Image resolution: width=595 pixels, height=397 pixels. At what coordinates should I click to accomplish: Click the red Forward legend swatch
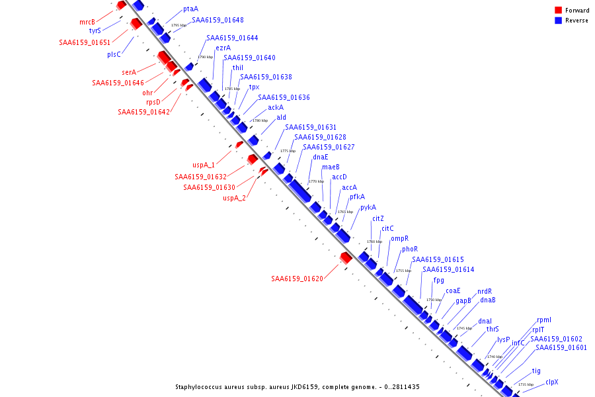point(558,10)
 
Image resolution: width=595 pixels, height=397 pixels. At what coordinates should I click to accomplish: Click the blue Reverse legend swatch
point(558,21)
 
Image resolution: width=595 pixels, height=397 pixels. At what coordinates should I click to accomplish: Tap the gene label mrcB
point(87,22)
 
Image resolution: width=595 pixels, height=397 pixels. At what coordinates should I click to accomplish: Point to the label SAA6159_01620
point(297,279)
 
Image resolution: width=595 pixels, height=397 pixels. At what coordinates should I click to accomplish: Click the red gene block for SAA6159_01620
point(345,257)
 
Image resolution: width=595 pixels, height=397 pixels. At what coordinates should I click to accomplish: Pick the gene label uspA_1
point(204,165)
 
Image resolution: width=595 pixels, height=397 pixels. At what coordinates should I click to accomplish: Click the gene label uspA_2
point(234,198)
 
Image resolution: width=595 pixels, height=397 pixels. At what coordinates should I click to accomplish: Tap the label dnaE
point(321,157)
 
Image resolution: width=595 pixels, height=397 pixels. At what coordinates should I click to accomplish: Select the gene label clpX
point(552,382)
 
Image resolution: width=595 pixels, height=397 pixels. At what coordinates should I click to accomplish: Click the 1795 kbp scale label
point(178,25)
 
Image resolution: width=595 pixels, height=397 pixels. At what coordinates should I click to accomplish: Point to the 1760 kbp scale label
point(375,242)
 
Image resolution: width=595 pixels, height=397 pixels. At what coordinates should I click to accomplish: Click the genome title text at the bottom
point(297,387)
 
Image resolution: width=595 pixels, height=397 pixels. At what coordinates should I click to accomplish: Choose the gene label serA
point(129,72)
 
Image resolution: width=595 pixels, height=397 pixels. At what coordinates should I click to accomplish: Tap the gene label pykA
point(368,207)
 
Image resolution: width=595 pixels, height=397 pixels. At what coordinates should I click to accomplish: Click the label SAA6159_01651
point(85,42)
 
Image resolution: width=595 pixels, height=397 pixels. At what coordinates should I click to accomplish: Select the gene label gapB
point(463,300)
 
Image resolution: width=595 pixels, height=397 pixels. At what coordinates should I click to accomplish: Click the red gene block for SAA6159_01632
point(252,159)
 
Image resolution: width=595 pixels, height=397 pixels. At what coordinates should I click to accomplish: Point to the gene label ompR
point(399,238)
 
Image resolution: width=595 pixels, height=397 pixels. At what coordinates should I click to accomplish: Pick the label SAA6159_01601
point(561,347)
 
